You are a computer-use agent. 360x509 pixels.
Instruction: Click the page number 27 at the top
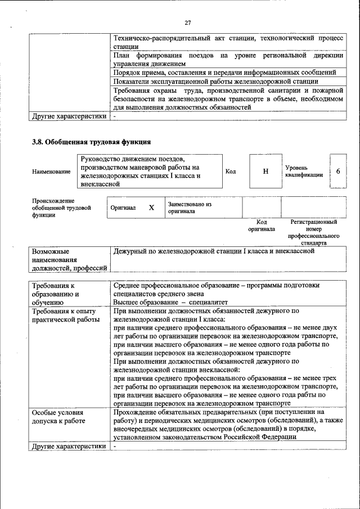tap(188, 22)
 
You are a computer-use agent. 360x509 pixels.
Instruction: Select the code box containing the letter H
tap(265, 171)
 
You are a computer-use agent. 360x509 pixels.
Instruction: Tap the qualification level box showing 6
tap(337, 171)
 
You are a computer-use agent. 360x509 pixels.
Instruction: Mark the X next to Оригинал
tap(151, 208)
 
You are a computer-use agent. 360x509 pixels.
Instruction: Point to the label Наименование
tap(51, 172)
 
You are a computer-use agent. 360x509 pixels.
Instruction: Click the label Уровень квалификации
tap(304, 171)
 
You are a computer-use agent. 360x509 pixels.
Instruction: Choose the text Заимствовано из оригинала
tap(190, 208)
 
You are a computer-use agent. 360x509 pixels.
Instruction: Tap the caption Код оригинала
tap(262, 226)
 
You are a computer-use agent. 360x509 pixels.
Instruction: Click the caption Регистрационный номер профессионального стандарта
tap(313, 233)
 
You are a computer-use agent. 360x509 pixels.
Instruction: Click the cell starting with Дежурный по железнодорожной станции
tap(213, 251)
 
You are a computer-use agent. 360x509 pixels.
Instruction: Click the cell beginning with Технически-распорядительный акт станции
tap(227, 42)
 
